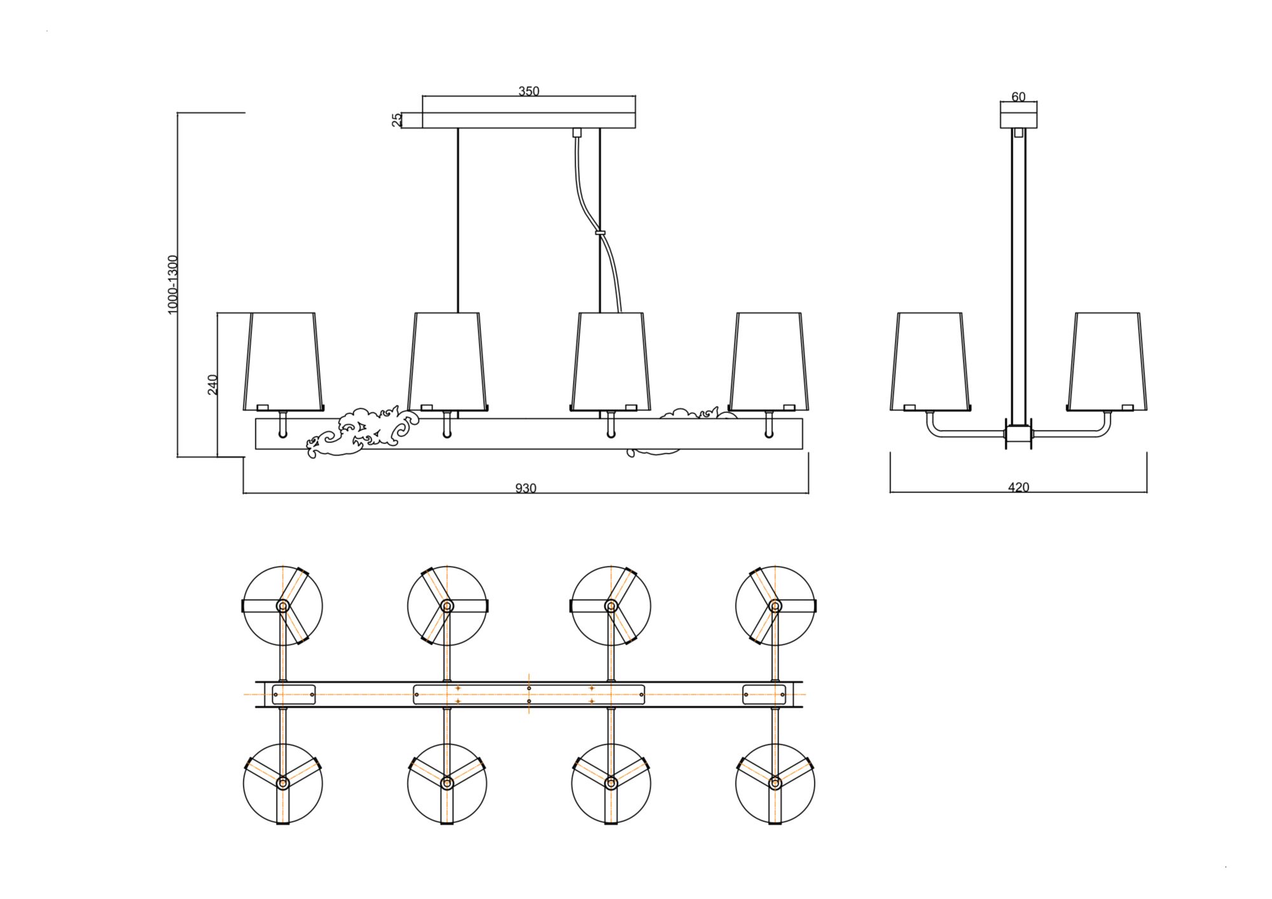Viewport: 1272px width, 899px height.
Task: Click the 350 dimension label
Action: pos(529,91)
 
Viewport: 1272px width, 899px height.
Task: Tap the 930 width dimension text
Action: pos(525,488)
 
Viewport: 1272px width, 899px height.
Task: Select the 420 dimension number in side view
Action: pos(1018,487)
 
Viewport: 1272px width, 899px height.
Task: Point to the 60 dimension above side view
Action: pos(1018,97)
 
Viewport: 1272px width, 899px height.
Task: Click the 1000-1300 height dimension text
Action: pos(173,284)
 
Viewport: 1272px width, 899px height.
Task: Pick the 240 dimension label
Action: pos(213,384)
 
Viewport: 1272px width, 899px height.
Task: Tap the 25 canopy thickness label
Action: pos(397,120)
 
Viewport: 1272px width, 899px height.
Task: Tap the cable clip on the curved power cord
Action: pos(600,233)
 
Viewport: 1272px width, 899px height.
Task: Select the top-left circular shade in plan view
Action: pos(283,606)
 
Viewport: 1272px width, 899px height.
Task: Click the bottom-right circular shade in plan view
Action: pos(775,783)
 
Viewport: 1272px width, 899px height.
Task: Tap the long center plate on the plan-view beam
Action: pos(529,694)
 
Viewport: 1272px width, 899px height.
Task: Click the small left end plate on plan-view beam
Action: pos(294,694)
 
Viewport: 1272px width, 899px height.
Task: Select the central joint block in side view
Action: pos(1018,435)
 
